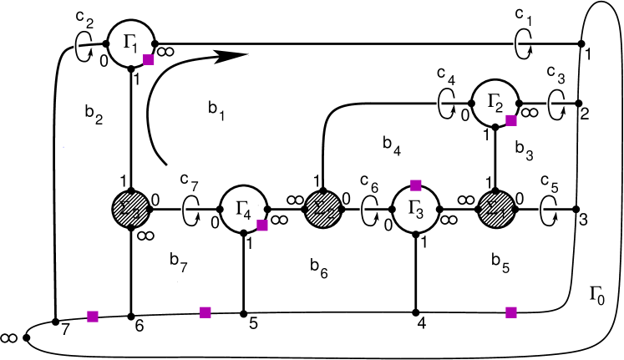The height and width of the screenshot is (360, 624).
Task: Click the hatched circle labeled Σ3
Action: pyautogui.click(x=130, y=209)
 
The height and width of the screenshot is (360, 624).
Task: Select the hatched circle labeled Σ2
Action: pyautogui.click(x=322, y=209)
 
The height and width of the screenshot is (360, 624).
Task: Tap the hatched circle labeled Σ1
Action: pyautogui.click(x=496, y=209)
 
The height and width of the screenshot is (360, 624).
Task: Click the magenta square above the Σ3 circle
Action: pyautogui.click(x=149, y=59)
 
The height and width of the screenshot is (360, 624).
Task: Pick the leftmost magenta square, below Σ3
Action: pyautogui.click(x=93, y=317)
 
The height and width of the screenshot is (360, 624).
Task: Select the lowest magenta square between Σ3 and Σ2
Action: pyautogui.click(x=205, y=312)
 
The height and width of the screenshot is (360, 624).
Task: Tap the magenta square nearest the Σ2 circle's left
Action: pyautogui.click(x=262, y=226)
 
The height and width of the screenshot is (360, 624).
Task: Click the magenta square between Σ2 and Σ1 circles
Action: pyautogui.click(x=416, y=185)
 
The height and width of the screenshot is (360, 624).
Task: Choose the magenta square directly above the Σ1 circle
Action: pyautogui.click(x=511, y=120)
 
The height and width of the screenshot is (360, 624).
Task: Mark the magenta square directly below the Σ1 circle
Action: pyautogui.click(x=511, y=312)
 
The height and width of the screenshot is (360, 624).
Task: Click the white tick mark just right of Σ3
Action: pyautogui.click(x=183, y=210)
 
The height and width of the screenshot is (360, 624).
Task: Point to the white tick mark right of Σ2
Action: pyautogui.click(x=362, y=210)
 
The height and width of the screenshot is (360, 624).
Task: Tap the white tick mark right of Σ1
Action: pyautogui.click(x=540, y=210)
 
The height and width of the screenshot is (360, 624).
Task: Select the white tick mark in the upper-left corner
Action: pyautogui.click(x=76, y=47)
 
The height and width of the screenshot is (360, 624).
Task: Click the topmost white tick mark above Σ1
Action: pyautogui.click(x=515, y=43)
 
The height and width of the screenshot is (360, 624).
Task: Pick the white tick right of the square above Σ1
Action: pyautogui.click(x=549, y=105)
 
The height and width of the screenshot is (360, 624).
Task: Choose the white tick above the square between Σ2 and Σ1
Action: pyautogui.click(x=439, y=104)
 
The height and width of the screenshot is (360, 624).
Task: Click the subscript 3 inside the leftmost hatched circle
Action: pyautogui.click(x=136, y=214)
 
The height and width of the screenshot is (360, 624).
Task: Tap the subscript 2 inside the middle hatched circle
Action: pyautogui.click(x=329, y=214)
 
